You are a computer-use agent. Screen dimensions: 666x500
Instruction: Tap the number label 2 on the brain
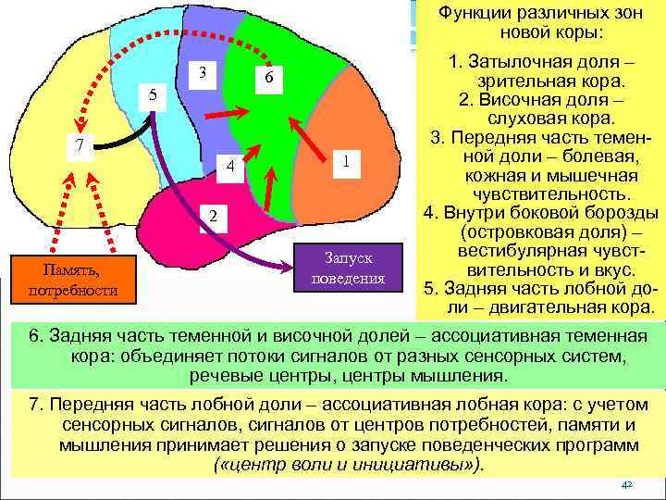pyautogui.click(x=212, y=216)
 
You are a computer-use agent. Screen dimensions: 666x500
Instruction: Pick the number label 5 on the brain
pyautogui.click(x=154, y=94)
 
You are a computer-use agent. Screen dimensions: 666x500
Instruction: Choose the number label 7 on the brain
pyautogui.click(x=80, y=145)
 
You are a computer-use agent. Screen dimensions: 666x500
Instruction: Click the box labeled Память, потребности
pyautogui.click(x=74, y=279)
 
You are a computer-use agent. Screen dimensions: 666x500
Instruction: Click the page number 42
pyautogui.click(x=626, y=484)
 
